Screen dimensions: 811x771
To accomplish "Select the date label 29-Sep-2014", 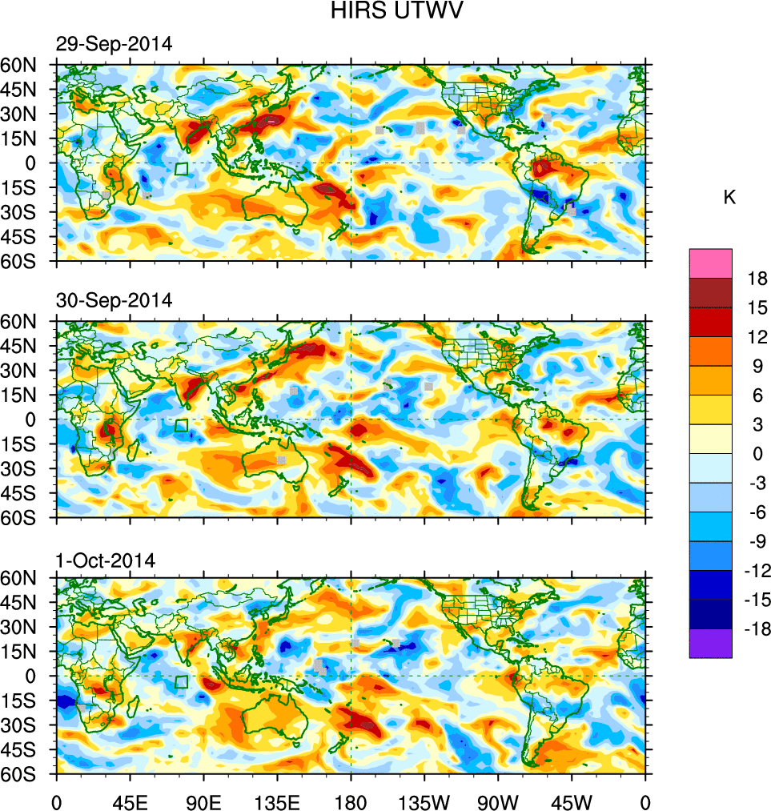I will (114, 45).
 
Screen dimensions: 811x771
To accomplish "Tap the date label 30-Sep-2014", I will (114, 301).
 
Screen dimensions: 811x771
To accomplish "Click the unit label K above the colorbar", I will (729, 198).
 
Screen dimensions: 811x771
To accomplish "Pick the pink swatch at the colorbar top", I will (710, 263).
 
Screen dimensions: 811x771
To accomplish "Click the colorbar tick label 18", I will (758, 279).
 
